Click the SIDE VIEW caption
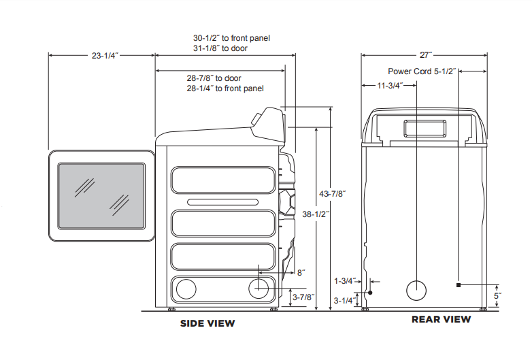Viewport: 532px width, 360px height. click(207, 323)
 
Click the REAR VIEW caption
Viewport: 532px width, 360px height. click(441, 319)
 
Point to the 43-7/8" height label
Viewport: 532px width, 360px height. click(333, 194)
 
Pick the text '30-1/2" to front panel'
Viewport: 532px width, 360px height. click(231, 38)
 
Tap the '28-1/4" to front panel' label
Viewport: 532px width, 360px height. click(225, 88)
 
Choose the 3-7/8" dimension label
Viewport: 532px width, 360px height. click(303, 297)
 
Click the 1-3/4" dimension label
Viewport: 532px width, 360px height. click(346, 280)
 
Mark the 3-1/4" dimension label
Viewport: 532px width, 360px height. click(345, 300)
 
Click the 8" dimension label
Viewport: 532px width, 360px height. click(300, 272)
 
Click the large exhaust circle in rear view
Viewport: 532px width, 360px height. click(416, 291)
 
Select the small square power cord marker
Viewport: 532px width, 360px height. click(459, 284)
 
